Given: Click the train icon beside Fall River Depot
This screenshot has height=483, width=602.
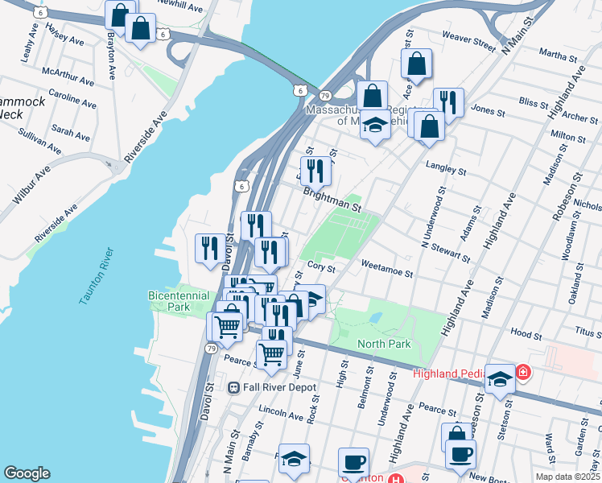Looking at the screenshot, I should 234,387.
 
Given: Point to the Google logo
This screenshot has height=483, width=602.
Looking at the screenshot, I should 27,473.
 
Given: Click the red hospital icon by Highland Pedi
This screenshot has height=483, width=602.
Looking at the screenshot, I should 523,372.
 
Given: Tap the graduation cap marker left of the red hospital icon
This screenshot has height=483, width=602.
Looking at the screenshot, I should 500,378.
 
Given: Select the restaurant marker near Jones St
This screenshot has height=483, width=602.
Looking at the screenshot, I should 448,102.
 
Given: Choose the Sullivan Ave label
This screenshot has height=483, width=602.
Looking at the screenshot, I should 40,142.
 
